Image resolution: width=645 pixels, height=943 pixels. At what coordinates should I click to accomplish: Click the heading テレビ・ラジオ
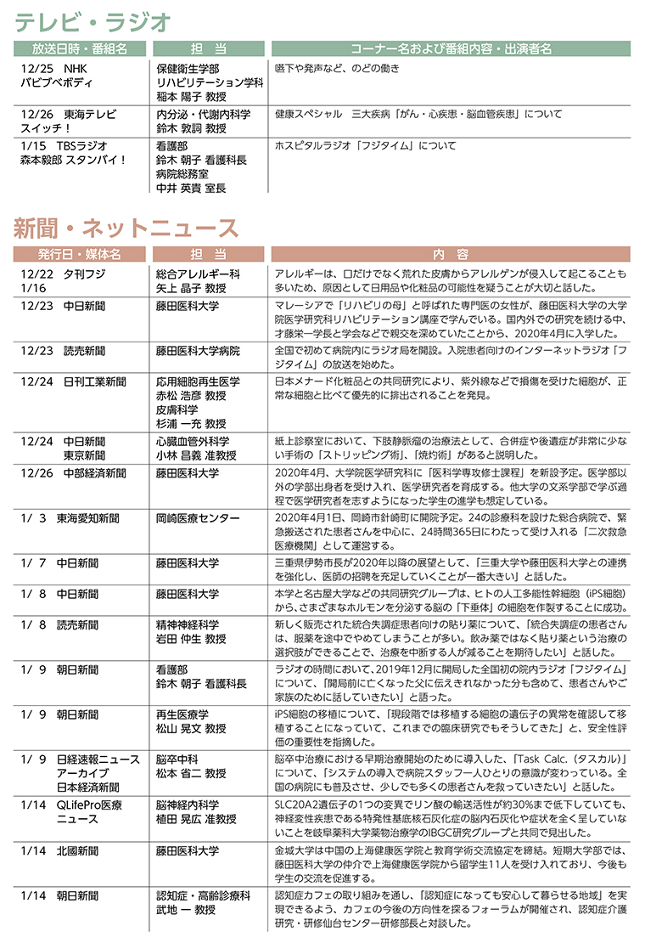coord(94,21)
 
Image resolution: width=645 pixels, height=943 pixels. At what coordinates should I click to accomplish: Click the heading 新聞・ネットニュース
coord(126,228)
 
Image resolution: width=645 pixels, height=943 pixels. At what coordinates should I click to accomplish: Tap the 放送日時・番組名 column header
coord(80,49)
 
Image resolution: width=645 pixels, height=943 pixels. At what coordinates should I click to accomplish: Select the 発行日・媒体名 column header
coord(80,254)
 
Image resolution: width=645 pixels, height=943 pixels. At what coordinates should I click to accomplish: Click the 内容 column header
coord(451,254)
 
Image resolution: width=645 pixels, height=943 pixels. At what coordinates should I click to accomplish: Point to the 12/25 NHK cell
coord(53,68)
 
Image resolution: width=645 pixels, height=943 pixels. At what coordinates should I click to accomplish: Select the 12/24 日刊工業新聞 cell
coord(68,381)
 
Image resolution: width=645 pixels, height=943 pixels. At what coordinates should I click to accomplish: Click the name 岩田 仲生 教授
coord(191,639)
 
